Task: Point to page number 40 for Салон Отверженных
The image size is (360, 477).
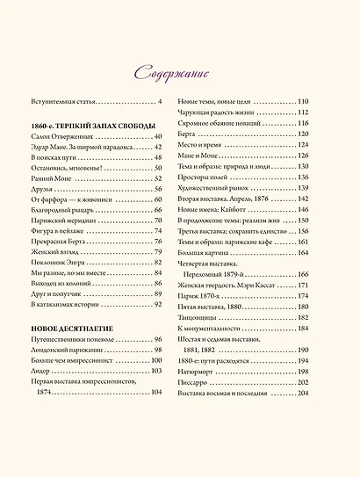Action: tap(159, 137)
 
